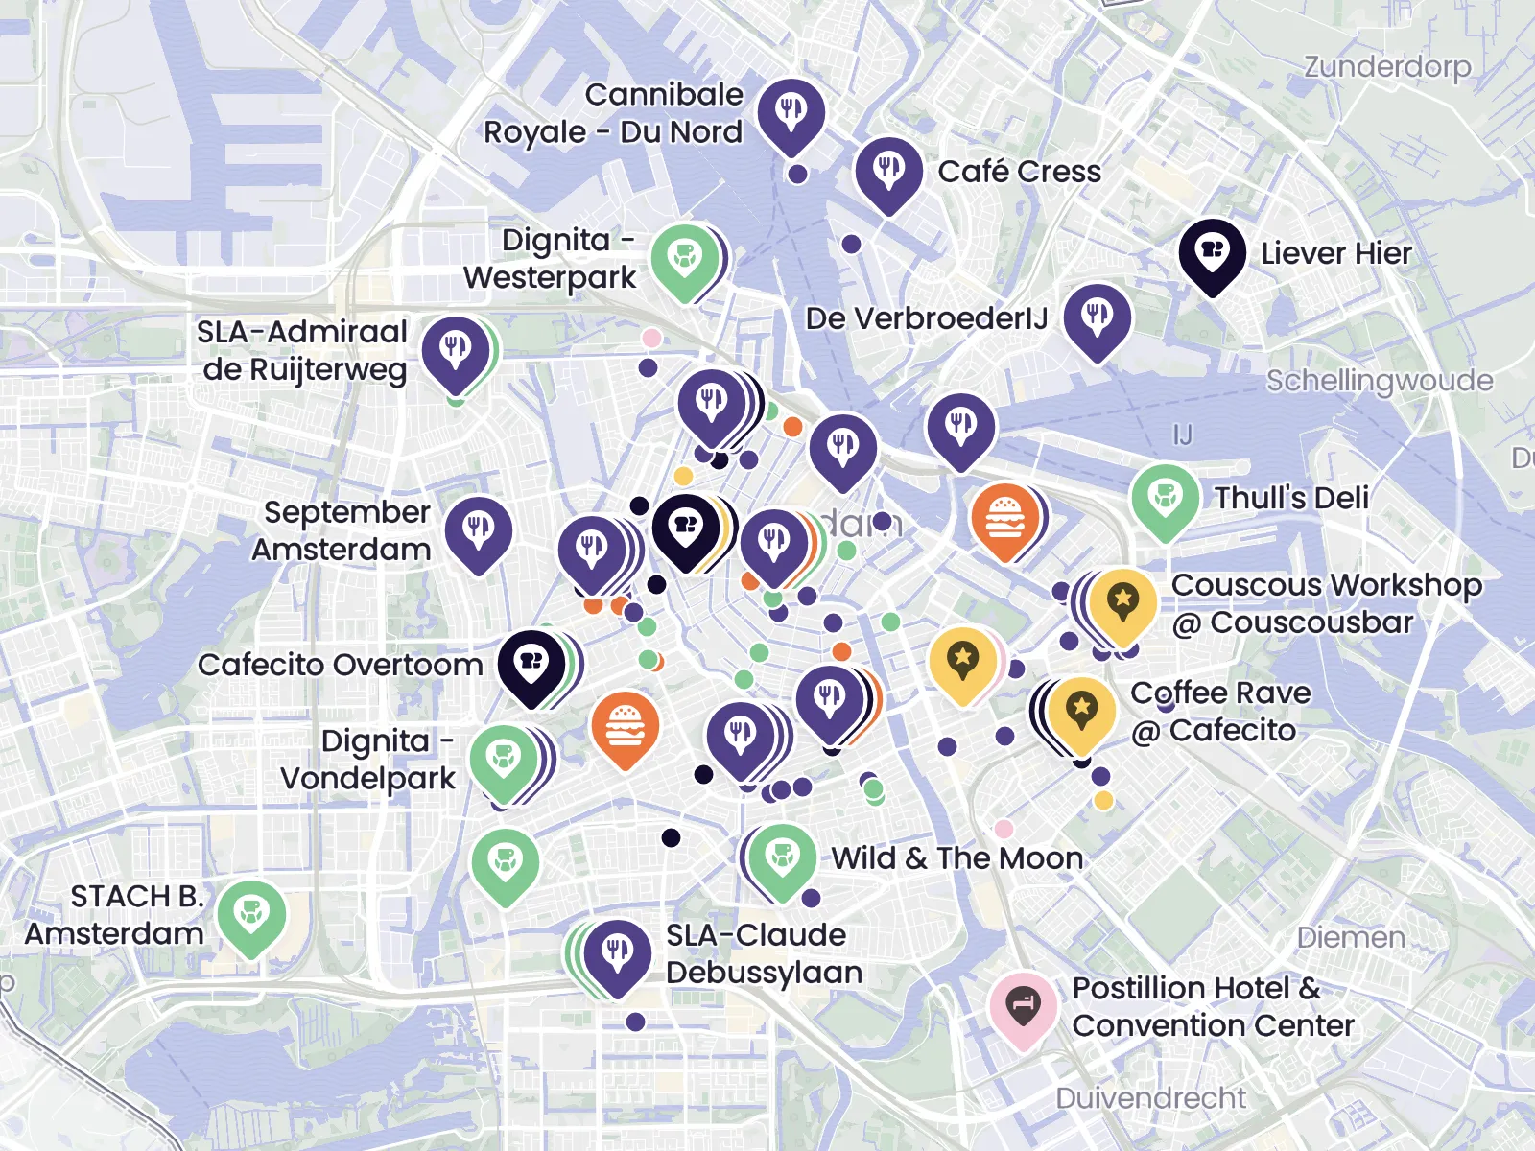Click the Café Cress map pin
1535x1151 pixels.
tap(888, 170)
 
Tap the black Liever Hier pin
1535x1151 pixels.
tap(1212, 252)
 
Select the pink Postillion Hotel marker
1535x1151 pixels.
tap(1023, 1005)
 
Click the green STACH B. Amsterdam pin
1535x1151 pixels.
tap(251, 914)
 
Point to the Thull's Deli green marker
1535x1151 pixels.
tap(1165, 498)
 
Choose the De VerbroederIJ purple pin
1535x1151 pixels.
tap(1097, 317)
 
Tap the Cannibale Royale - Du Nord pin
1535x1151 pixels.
tap(791, 112)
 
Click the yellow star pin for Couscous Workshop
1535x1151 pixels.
tap(1122, 602)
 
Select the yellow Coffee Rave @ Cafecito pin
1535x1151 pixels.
tap(1081, 711)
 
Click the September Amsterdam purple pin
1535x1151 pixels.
tap(478, 529)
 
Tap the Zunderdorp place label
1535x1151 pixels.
tap(1386, 67)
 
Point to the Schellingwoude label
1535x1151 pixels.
tap(1379, 381)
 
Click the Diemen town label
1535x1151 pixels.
tap(1350, 937)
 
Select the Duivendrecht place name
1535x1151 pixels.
tap(1150, 1097)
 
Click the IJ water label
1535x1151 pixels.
tap(1182, 435)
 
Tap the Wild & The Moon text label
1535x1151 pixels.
tap(956, 857)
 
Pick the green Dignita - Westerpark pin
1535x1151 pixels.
tap(684, 258)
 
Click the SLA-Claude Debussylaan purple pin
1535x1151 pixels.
tap(617, 953)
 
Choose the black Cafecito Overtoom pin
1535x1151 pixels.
tap(531, 663)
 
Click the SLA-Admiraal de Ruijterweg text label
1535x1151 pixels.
tap(303, 350)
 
